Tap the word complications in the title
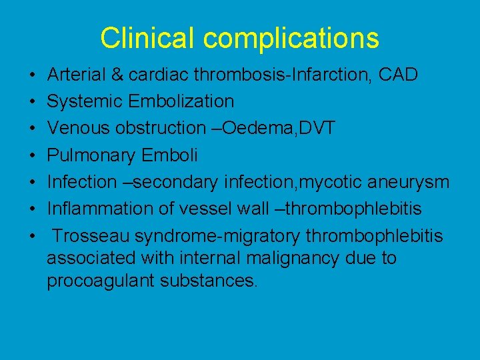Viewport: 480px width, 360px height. [291, 39]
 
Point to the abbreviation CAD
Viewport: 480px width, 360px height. [398, 75]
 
